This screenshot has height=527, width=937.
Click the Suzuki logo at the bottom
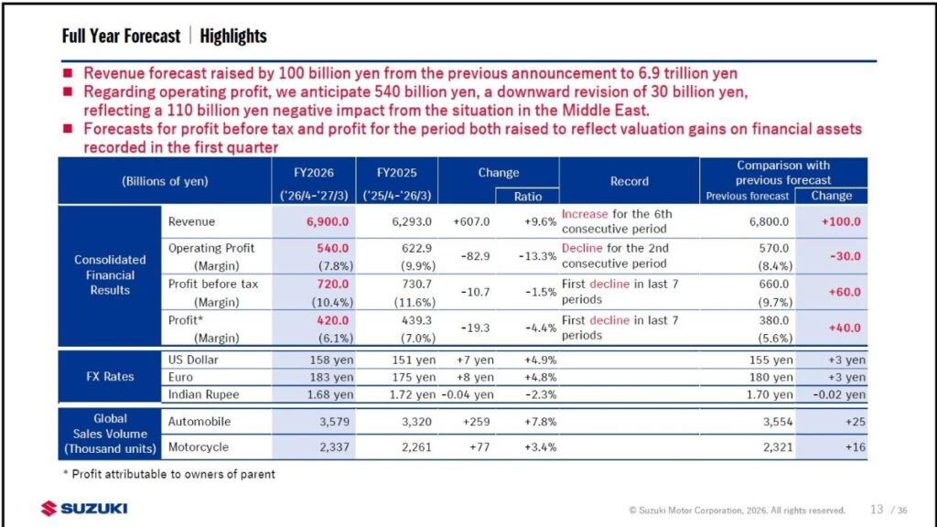pyautogui.click(x=83, y=509)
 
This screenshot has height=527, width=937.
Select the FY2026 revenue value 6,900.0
pyautogui.click(x=328, y=221)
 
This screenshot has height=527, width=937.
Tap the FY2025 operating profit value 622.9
pyautogui.click(x=416, y=248)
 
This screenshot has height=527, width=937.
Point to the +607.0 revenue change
pyautogui.click(x=471, y=221)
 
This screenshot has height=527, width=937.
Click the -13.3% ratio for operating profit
pyautogui.click(x=537, y=256)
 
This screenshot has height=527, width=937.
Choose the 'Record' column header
pyautogui.click(x=629, y=181)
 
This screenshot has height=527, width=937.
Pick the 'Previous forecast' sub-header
pyautogui.click(x=747, y=196)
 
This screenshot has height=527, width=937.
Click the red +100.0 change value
pyautogui.click(x=841, y=221)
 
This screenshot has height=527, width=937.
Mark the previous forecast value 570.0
pyautogui.click(x=774, y=248)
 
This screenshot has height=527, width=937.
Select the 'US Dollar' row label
pyautogui.click(x=193, y=360)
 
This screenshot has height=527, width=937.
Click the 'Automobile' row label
pyautogui.click(x=199, y=421)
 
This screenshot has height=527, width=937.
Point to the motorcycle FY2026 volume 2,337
pyautogui.click(x=334, y=446)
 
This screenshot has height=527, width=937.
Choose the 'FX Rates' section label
pyautogui.click(x=110, y=376)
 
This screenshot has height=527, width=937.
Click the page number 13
pyautogui.click(x=877, y=509)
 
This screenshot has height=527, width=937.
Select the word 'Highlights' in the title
pyautogui.click(x=233, y=37)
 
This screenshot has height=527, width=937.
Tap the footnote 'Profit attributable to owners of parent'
pyautogui.click(x=173, y=474)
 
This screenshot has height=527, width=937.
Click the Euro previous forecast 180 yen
pyautogui.click(x=770, y=377)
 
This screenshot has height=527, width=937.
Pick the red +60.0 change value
pyautogui.click(x=845, y=292)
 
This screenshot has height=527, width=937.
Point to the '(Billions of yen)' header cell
pyautogui.click(x=165, y=181)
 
